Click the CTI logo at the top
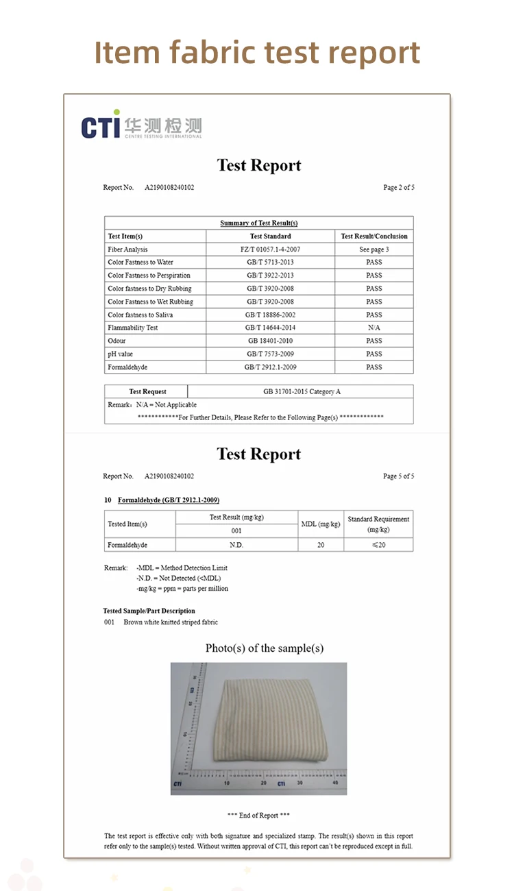[x=141, y=125]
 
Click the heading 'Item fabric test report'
[x=257, y=52]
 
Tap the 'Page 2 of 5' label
[x=398, y=187]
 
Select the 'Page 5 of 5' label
[x=398, y=476]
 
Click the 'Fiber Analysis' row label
[x=127, y=249]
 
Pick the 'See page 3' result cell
[x=374, y=249]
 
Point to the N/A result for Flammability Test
[x=374, y=328]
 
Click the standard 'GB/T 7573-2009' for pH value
[x=270, y=354]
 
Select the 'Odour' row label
[x=117, y=341]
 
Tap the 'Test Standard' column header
[x=270, y=236]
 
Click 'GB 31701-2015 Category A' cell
[x=302, y=391]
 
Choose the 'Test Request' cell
[x=147, y=391]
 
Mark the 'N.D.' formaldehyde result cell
[x=236, y=545]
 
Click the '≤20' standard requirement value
[x=378, y=545]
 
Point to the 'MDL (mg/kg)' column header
[x=321, y=524]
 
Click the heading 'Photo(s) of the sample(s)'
[x=264, y=648]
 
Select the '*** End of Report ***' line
[x=258, y=815]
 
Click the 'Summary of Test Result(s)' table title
[x=258, y=223]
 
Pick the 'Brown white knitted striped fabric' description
[x=171, y=622]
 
